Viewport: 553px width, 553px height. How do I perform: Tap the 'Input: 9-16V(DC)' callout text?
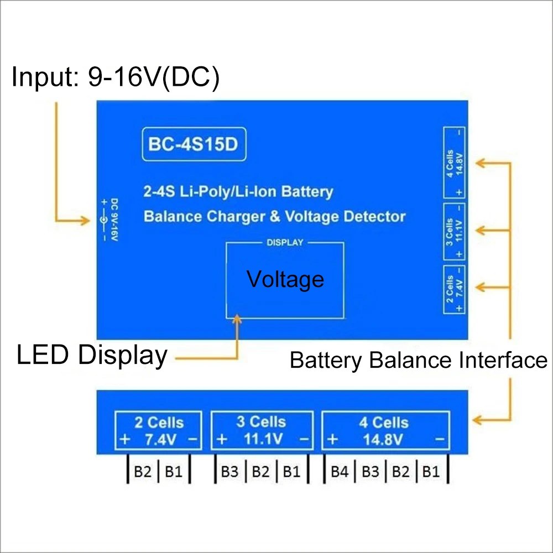[116, 78]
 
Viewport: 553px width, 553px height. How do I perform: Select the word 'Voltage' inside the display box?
[285, 279]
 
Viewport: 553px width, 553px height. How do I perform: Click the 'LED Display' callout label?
[92, 355]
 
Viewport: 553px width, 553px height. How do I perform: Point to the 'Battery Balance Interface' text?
[418, 361]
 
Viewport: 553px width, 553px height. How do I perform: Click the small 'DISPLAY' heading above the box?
[285, 243]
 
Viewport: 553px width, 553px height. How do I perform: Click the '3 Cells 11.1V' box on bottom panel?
[262, 430]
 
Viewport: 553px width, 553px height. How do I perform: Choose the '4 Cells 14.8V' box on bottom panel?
[385, 430]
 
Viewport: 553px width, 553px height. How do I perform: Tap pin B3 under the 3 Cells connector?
[229, 472]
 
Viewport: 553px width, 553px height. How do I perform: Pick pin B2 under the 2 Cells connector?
[143, 472]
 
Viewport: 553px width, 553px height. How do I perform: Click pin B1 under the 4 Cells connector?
[431, 472]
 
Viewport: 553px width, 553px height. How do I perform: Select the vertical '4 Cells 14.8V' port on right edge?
[454, 162]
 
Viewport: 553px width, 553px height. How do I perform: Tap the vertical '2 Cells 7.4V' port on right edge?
[454, 290]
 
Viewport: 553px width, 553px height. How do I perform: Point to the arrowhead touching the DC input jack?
[85, 221]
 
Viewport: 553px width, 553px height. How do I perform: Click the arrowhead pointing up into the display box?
[238, 319]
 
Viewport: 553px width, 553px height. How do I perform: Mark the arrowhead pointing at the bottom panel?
[477, 420]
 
